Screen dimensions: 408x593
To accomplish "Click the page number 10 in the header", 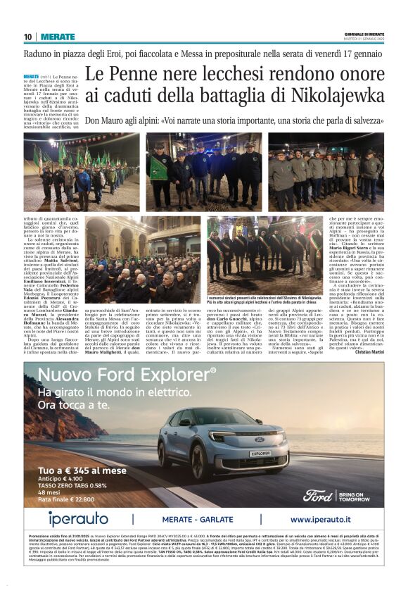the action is point(27,37).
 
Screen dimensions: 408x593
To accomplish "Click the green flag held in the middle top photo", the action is point(158,167).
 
